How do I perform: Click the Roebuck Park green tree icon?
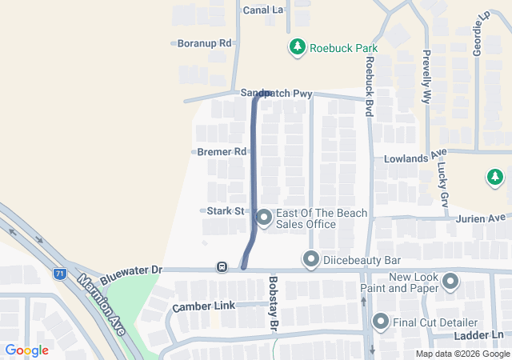coord(298,47)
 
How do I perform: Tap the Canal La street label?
coord(263,10)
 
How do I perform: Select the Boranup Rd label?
coord(204,43)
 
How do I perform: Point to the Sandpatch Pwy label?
coord(276,94)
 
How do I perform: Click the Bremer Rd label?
coord(223,151)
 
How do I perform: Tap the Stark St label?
coord(225,211)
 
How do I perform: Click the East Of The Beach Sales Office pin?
coord(264,217)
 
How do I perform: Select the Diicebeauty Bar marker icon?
coord(310,260)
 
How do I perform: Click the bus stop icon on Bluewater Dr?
coord(222,266)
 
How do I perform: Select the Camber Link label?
coord(203,306)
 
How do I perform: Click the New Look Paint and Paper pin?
coord(449,282)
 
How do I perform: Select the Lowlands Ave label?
coord(414,158)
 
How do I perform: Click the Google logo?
coord(27,350)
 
